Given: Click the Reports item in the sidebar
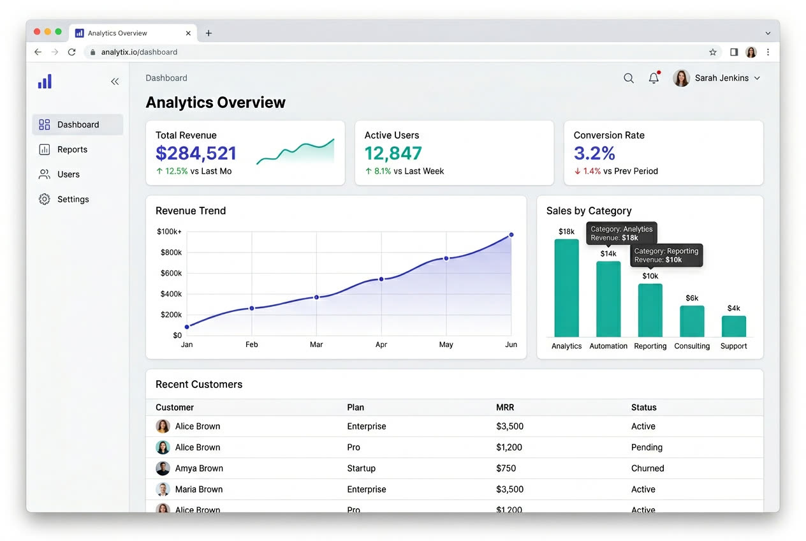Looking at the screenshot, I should pos(72,149).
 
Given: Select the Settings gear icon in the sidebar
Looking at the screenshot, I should pos(44,199).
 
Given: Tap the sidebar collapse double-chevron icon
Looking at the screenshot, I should pos(115,81).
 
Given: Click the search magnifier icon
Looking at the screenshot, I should pos(629,78).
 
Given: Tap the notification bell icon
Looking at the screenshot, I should pos(654,78).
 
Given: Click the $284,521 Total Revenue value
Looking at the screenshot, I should pos(196,153).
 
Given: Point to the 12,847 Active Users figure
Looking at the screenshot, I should pos(393,153).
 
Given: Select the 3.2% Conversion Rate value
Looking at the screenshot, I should pos(594,153).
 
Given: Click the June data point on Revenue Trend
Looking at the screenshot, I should pos(511,235).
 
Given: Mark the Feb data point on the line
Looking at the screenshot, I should pos(252,308).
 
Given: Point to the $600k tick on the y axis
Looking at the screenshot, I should pos(171,273).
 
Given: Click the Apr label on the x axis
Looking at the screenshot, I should pos(381,345).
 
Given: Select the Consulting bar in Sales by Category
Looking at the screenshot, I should pos(692,321).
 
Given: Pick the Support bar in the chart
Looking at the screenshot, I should pos(734,326).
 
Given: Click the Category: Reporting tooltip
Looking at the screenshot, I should pos(666,255).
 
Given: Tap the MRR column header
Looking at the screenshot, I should pos(505,407).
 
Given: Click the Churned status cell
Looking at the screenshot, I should pos(648,468).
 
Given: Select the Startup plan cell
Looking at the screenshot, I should pos(361,468).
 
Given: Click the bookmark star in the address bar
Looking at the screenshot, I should pos(713,52).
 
